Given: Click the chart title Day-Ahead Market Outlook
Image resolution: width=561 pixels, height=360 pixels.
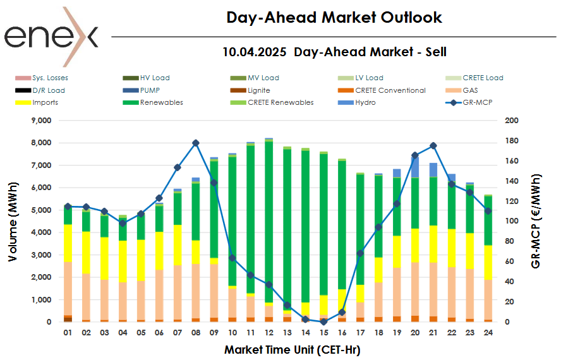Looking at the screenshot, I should [x=334, y=18].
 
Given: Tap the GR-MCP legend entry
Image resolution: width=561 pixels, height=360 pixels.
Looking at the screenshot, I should [x=476, y=102].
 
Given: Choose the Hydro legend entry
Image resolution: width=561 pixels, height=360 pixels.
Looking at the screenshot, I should [x=365, y=102].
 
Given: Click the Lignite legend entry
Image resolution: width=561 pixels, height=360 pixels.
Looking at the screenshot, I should [x=260, y=90].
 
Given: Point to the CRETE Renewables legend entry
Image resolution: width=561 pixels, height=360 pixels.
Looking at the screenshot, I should [x=280, y=102].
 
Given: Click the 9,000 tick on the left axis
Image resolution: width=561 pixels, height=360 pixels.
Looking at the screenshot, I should [x=45, y=120].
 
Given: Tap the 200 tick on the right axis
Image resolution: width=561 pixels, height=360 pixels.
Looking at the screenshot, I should [x=512, y=120].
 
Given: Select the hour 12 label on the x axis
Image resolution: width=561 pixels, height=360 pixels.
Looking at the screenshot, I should [x=269, y=332].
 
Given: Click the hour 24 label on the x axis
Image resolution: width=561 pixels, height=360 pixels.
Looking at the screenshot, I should [x=488, y=332].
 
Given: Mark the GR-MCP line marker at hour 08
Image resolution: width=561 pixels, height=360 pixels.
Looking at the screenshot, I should [x=196, y=143].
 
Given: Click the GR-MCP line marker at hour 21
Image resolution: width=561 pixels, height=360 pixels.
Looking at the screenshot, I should [x=433, y=146].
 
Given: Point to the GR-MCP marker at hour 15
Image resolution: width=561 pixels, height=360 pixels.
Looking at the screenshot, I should [x=323, y=321].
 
